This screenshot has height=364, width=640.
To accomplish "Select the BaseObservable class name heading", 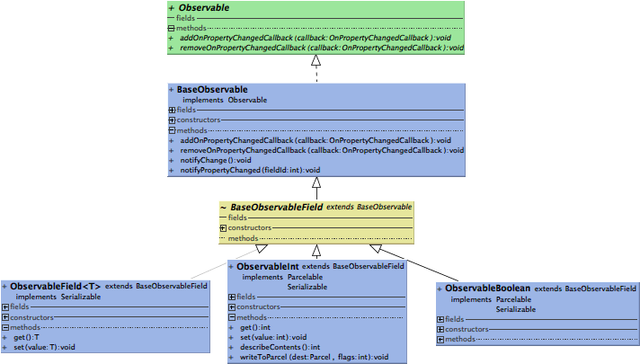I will click(x=212, y=90).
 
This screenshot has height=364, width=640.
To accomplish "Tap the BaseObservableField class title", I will click(x=277, y=207).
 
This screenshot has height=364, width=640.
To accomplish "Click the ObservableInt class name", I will click(x=267, y=267).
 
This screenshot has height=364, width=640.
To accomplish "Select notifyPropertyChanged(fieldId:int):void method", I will click(x=249, y=170).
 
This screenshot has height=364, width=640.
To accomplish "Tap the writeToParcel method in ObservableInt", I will click(x=314, y=357).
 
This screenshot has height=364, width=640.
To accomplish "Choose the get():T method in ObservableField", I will click(x=26, y=337).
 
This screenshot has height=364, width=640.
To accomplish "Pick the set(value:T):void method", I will click(x=44, y=347).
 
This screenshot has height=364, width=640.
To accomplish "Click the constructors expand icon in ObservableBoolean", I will click(x=440, y=329).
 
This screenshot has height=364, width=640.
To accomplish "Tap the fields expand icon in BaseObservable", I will click(x=172, y=110).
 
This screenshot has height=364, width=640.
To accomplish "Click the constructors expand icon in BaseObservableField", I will click(x=223, y=227).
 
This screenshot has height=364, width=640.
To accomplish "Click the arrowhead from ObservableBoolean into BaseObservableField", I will click(x=377, y=248).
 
